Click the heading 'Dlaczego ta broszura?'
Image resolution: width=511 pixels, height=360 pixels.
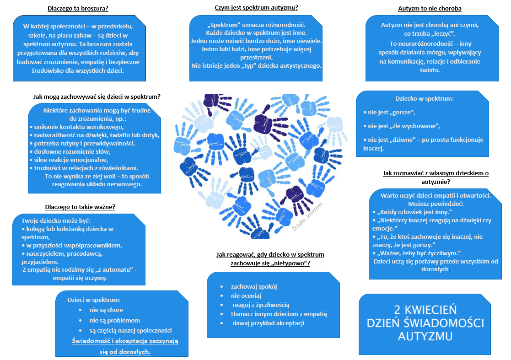81,8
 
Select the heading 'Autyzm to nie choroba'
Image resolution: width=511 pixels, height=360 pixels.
430,9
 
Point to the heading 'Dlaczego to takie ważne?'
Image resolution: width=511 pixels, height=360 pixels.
80,207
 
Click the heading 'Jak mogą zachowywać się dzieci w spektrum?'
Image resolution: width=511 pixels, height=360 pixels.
97,97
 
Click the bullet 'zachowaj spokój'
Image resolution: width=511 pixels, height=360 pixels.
254,287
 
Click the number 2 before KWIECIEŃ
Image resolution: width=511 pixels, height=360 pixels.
397,310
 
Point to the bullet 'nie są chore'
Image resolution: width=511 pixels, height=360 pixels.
106,310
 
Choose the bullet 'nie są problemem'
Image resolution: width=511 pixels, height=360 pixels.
115,320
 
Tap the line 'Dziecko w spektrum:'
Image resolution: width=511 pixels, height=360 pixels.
424,98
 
